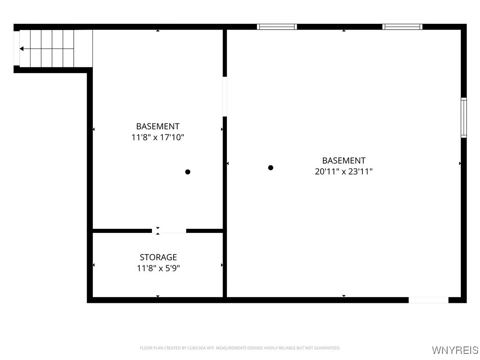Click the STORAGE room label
point(158,257)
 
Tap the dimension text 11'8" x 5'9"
point(158,269)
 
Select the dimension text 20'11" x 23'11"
point(344,172)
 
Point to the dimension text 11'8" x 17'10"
point(157,138)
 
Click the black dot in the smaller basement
point(187,172)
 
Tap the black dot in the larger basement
point(270,168)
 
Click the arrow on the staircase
point(22,48)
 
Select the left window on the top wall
point(277,27)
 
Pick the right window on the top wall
point(402,27)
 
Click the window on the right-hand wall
point(464,117)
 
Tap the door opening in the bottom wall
point(428,300)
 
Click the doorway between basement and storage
point(169,231)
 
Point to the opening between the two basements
point(225,97)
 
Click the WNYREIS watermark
point(455,350)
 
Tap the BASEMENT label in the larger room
point(344,160)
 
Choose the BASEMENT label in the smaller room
point(157,127)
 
